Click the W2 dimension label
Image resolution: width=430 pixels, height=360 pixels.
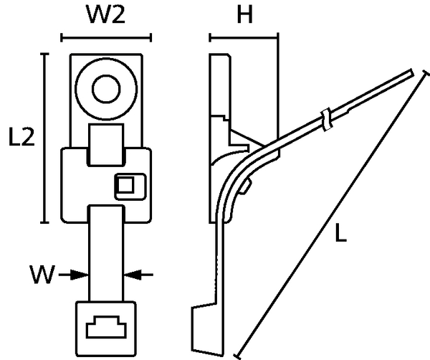[x=105, y=14]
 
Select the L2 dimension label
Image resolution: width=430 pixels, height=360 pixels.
[x=21, y=136]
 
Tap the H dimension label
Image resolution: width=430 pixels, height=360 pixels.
[x=244, y=14]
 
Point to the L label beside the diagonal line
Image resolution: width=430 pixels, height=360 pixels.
[x=341, y=233]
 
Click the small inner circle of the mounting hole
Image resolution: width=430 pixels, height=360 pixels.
[x=106, y=89]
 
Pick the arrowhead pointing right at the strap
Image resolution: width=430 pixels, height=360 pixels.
[x=80, y=275]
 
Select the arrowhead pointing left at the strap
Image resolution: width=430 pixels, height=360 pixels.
[x=133, y=275]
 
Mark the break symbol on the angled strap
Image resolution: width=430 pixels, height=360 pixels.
[x=327, y=119]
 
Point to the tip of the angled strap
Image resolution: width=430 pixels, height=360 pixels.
[x=413, y=72]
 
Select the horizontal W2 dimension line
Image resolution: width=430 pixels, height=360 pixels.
[x=106, y=38]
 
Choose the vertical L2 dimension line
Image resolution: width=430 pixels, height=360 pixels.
[x=44, y=138]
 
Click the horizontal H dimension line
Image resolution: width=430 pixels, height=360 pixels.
[x=244, y=37]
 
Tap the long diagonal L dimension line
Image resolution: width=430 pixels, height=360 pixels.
[x=332, y=214]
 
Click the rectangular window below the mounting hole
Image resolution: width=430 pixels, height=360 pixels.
[x=106, y=145]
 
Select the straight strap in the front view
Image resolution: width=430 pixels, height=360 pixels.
[x=106, y=254]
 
